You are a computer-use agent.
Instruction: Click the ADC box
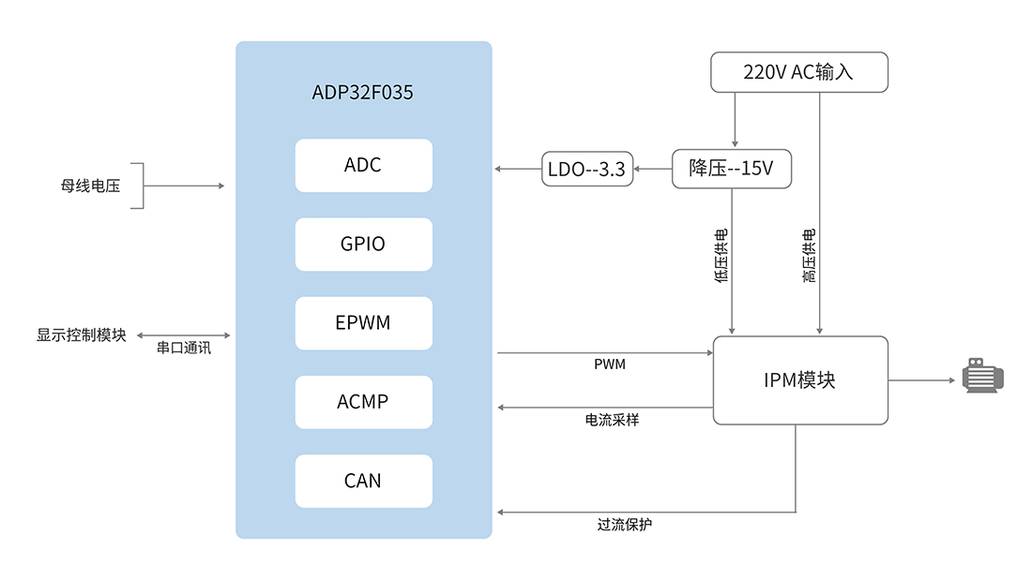click(x=363, y=166)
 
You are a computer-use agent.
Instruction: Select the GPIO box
click(x=363, y=245)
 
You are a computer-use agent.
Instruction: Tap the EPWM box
click(x=363, y=323)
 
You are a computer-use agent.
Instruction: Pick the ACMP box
click(x=363, y=402)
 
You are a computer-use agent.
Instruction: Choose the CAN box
click(x=363, y=481)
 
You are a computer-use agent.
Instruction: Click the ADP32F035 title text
click(x=363, y=94)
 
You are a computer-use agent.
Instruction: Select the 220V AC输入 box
click(x=798, y=72)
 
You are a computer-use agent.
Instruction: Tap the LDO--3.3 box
click(x=586, y=169)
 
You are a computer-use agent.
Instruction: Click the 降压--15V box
click(x=731, y=169)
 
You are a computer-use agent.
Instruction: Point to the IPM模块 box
click(x=799, y=380)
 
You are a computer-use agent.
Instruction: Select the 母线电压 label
click(x=91, y=186)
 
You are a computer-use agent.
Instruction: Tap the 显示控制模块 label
click(x=82, y=335)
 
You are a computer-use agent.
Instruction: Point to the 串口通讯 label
click(x=184, y=349)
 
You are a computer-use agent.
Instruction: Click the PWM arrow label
click(x=610, y=364)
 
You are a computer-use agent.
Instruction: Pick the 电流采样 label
click(x=612, y=421)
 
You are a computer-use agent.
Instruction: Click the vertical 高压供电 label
click(x=809, y=256)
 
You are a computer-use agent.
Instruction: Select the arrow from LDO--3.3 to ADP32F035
click(x=518, y=169)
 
